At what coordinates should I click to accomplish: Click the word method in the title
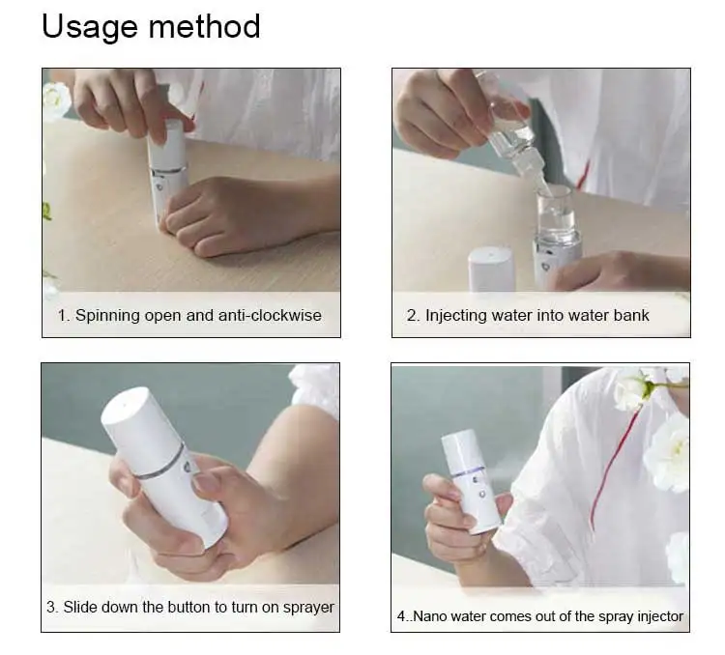click(x=205, y=26)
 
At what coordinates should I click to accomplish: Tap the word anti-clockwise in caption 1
click(x=270, y=315)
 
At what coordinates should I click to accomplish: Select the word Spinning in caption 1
click(x=107, y=316)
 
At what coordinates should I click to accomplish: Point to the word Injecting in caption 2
click(x=456, y=316)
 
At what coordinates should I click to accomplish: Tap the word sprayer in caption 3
click(x=308, y=608)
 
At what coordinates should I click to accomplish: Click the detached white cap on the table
click(x=491, y=270)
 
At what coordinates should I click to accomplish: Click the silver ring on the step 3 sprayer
click(x=161, y=463)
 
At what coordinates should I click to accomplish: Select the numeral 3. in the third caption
click(x=52, y=608)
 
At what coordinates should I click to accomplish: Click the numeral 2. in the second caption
click(x=414, y=316)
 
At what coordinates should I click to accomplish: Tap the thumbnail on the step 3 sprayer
click(x=205, y=483)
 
